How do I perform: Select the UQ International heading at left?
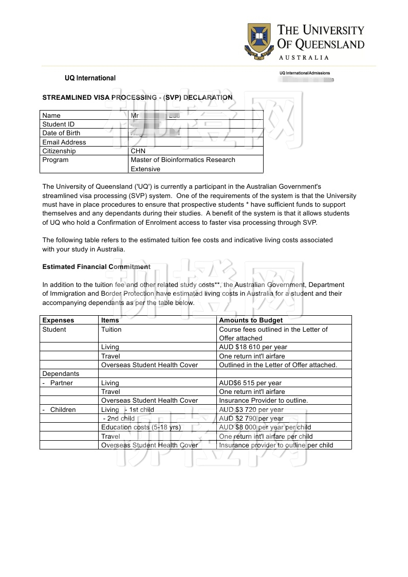[x=90, y=78]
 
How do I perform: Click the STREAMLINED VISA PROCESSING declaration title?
[x=137, y=97]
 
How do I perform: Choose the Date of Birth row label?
[x=61, y=133]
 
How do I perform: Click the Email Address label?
[x=64, y=142]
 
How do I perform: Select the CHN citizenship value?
[x=138, y=151]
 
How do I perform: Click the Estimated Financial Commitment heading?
[x=96, y=267]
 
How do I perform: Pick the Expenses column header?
[x=58, y=320]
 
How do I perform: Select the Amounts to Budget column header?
[x=251, y=320]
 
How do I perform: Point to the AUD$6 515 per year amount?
[x=250, y=383]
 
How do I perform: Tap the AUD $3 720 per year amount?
[x=251, y=410]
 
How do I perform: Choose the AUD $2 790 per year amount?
[x=251, y=419]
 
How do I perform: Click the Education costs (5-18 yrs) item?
[x=141, y=427]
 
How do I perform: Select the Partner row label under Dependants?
[x=61, y=383]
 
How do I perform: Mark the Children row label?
[x=63, y=410]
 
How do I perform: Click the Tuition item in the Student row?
[x=112, y=330]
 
